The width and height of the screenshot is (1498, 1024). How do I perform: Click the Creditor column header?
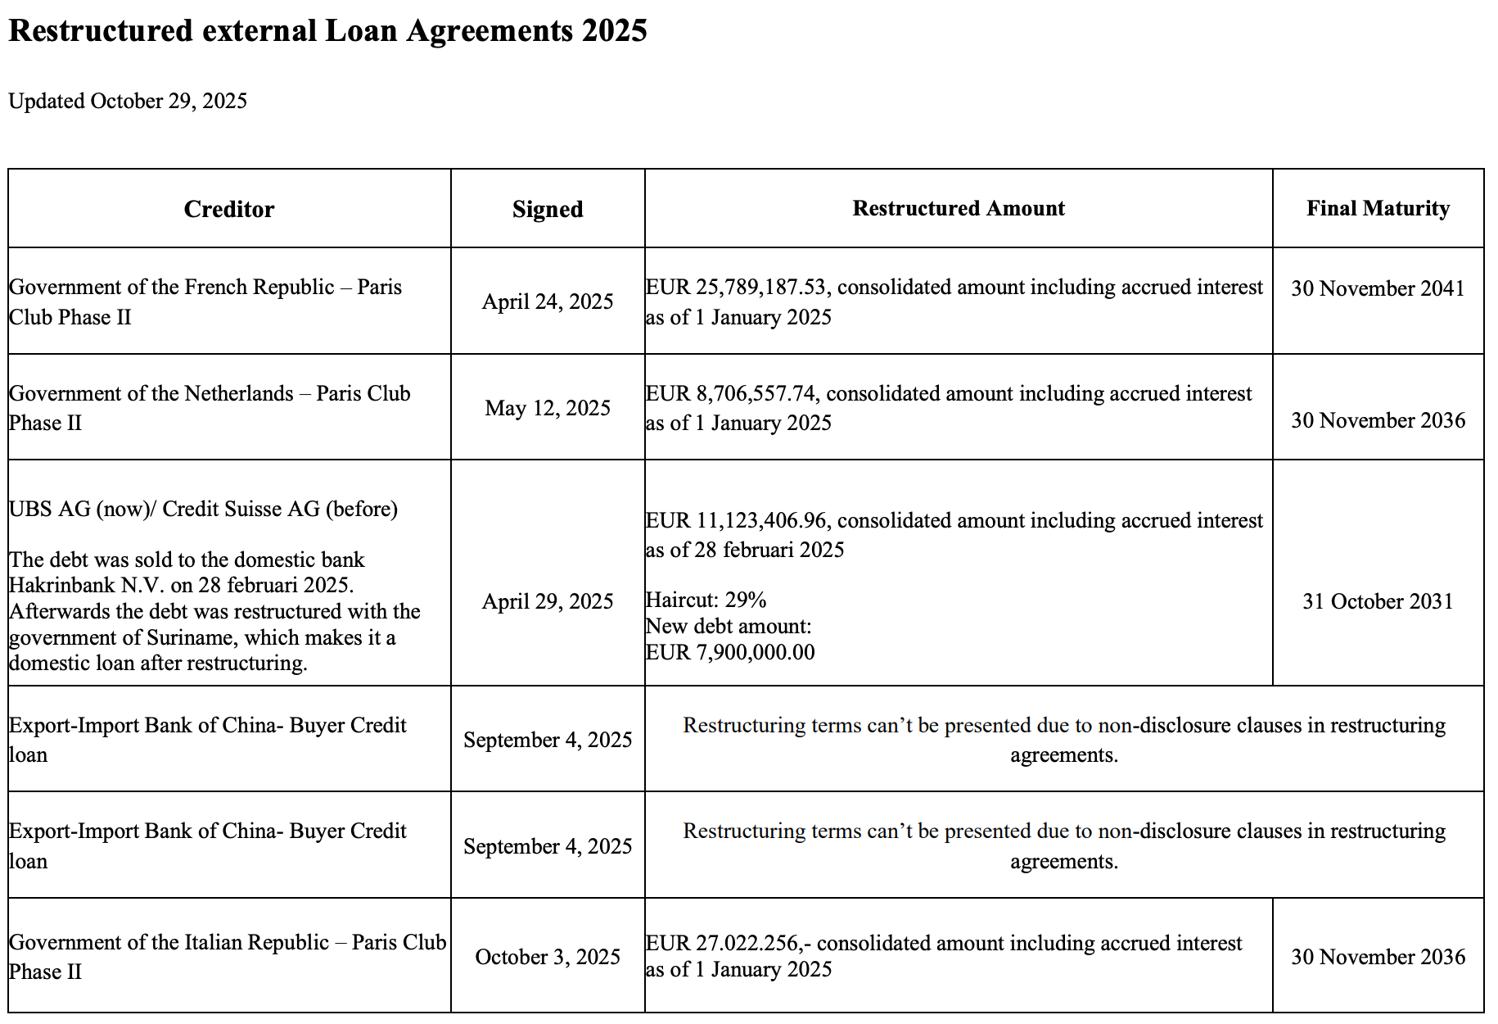[229, 209]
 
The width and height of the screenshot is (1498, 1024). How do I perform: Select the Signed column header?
[548, 209]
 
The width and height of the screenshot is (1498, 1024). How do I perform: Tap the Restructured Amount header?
[959, 208]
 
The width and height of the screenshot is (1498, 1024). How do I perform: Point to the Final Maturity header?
[1378, 208]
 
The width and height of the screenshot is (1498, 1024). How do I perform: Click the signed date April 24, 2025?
[548, 301]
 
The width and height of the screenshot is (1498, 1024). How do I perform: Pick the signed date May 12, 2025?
[548, 408]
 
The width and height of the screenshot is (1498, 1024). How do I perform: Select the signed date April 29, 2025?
[548, 601]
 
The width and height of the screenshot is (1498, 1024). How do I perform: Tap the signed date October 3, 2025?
[548, 957]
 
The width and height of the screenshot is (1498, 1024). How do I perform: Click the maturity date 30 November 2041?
[1378, 288]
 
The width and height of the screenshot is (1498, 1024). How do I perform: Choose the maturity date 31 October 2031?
[1378, 601]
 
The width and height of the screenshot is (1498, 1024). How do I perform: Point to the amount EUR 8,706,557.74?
[732, 394]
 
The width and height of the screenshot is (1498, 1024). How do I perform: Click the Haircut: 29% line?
[706, 600]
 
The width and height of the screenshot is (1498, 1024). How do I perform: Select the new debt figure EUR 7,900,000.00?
[730, 652]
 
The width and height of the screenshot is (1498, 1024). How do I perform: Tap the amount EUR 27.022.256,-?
[728, 943]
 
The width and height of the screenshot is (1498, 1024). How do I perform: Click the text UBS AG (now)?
[77, 509]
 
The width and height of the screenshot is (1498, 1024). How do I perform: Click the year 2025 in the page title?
[614, 30]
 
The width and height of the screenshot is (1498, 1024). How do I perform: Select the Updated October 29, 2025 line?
[128, 101]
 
